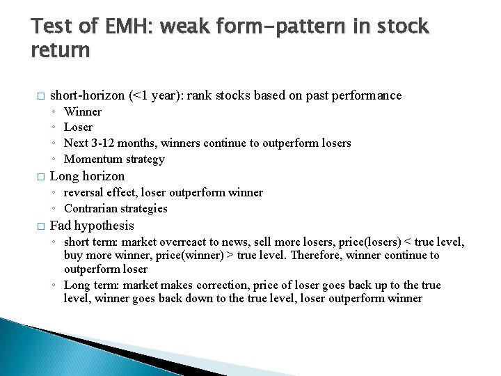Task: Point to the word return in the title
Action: click(61, 51)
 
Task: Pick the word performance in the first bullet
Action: click(367, 95)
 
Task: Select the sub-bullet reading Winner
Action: click(82, 111)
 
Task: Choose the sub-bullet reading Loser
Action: click(78, 127)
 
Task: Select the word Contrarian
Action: click(90, 209)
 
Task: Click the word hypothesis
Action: click(104, 226)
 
